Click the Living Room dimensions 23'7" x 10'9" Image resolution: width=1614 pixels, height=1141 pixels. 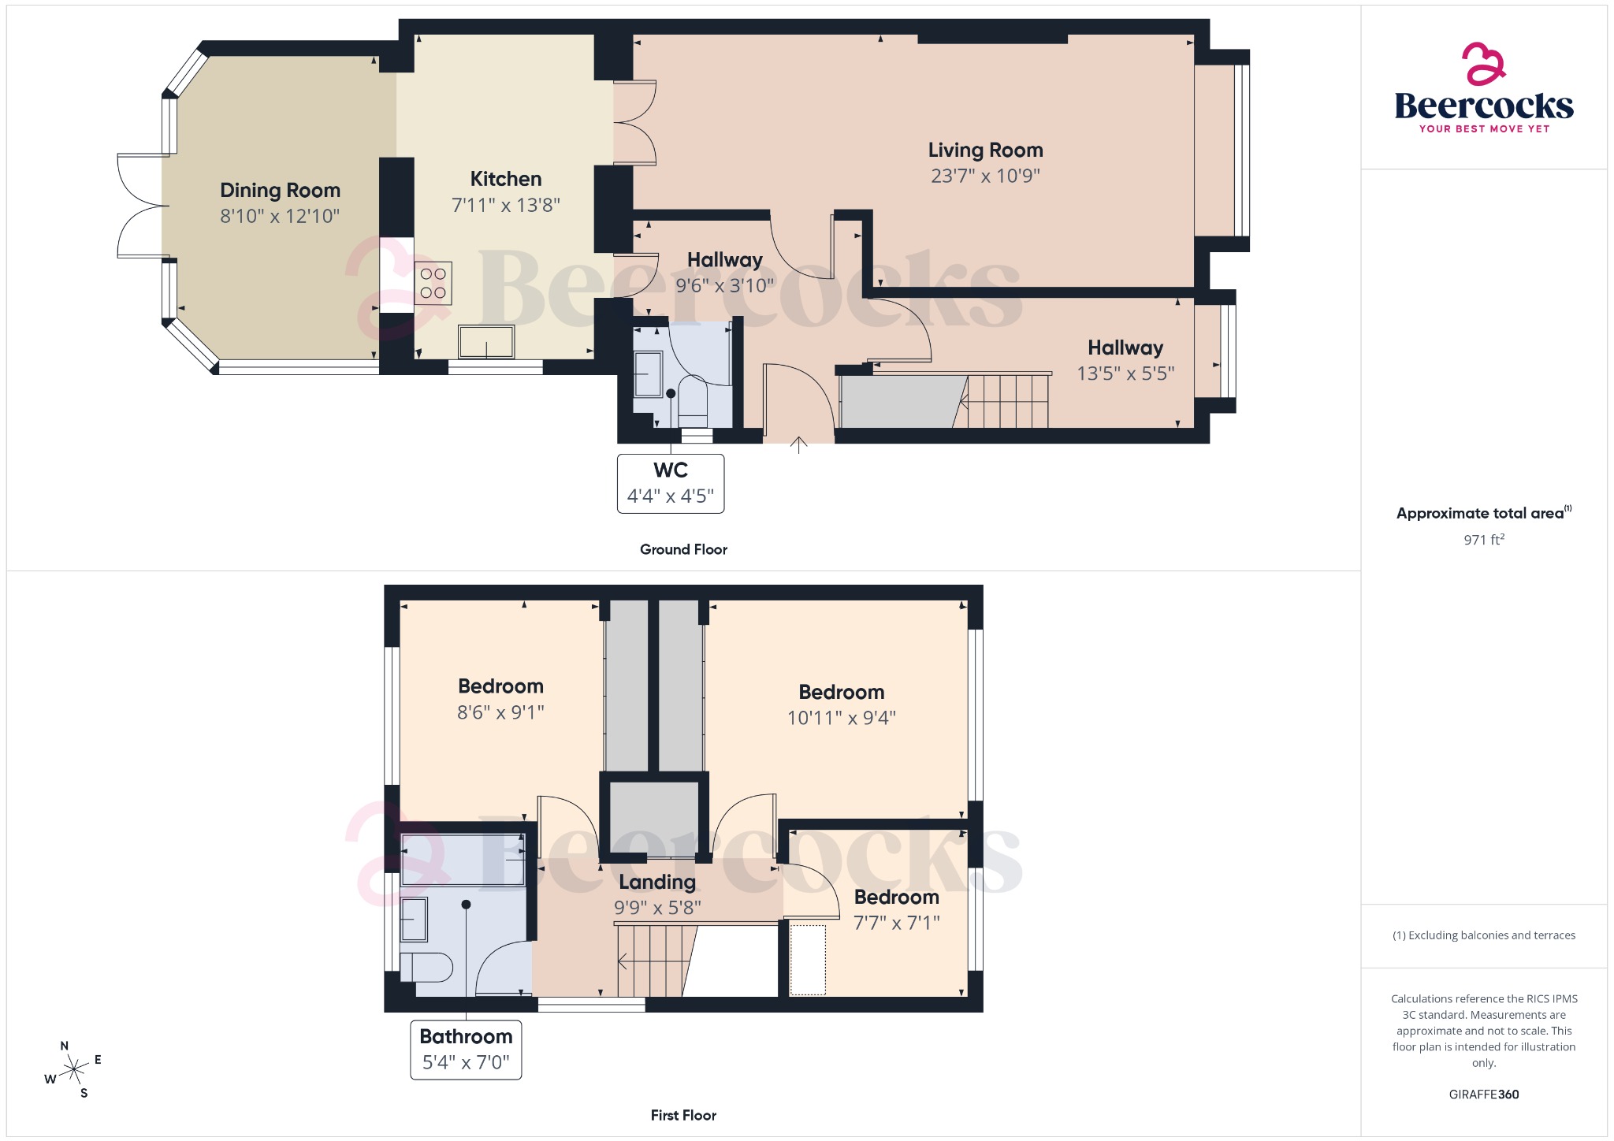tap(985, 176)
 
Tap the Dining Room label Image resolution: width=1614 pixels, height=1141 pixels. tap(280, 191)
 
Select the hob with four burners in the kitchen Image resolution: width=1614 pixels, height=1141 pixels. tap(433, 283)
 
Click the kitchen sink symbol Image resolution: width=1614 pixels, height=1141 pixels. tap(486, 342)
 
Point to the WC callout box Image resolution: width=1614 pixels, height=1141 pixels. tap(671, 483)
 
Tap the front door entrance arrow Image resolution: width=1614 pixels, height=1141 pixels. tap(798, 445)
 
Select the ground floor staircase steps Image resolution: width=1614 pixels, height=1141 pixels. tap(1007, 401)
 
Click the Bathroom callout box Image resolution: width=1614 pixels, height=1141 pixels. tap(466, 1049)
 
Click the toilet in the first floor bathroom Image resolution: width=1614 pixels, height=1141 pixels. tap(426, 967)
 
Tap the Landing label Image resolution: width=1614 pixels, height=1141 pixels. tap(656, 882)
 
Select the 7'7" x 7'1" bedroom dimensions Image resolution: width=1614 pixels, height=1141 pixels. tap(896, 923)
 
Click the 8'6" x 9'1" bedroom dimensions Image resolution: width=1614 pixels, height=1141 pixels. tap(500, 712)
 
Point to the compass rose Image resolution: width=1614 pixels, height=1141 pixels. tap(74, 1069)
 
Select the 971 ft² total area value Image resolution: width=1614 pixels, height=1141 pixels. tap(1483, 540)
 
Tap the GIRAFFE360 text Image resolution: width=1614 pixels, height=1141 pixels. tap(1483, 1094)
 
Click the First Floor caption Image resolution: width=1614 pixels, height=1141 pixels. tap(683, 1115)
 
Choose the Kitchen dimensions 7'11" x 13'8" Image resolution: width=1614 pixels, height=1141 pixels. tap(505, 205)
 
